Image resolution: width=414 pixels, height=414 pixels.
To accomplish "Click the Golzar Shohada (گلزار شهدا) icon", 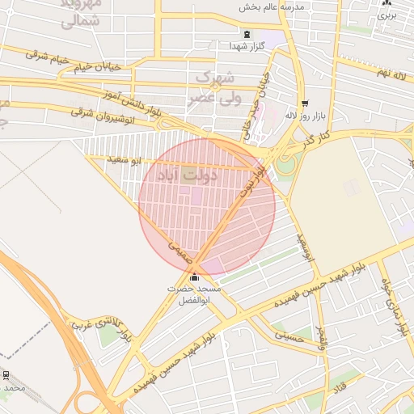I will pos(246,34).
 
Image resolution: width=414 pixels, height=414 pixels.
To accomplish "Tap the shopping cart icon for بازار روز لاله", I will pos(304,103).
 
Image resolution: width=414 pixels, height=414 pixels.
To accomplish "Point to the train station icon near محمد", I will pos(6,375).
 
